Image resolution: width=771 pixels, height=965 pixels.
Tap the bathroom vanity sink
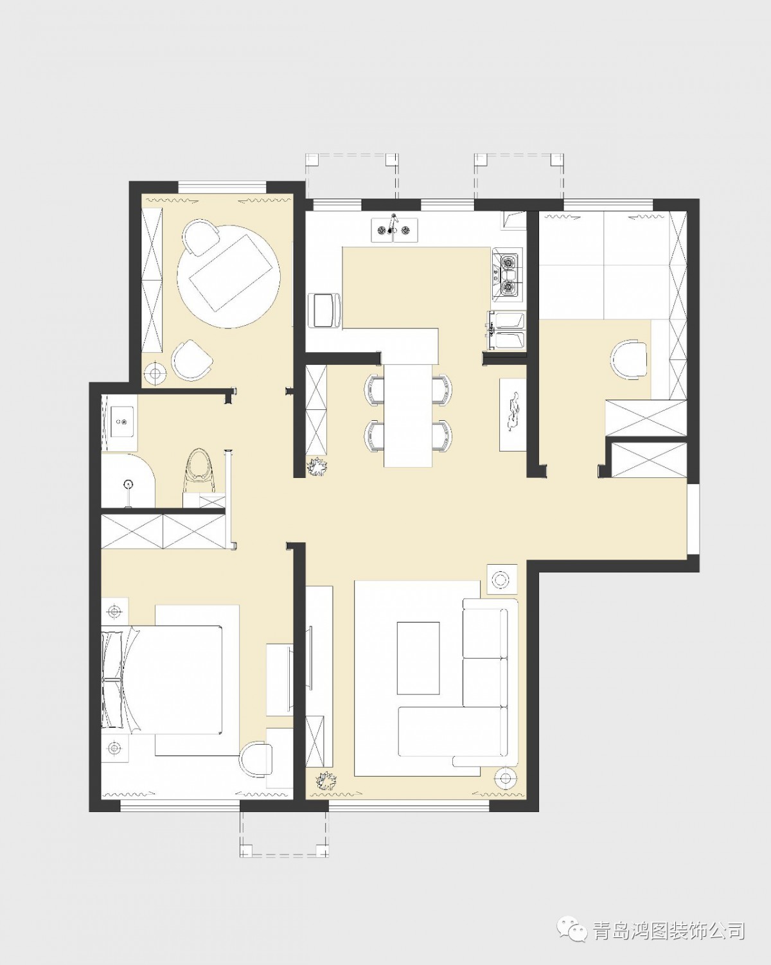click(121, 421)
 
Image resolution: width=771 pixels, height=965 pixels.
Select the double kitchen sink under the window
click(394, 230)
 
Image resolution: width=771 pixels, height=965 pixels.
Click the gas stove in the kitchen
click(508, 274)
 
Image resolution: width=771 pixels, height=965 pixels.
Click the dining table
click(408, 415)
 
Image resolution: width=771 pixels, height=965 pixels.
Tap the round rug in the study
click(229, 276)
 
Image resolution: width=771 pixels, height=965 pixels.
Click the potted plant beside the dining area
click(317, 467)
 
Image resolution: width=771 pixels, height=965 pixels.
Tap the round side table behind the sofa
click(501, 580)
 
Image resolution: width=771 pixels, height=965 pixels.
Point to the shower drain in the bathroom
click(128, 484)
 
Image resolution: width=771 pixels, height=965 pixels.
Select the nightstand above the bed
click(115, 611)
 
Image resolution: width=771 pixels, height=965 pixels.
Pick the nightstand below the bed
click(115, 748)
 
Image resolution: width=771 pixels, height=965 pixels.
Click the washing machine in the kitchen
click(324, 310)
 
